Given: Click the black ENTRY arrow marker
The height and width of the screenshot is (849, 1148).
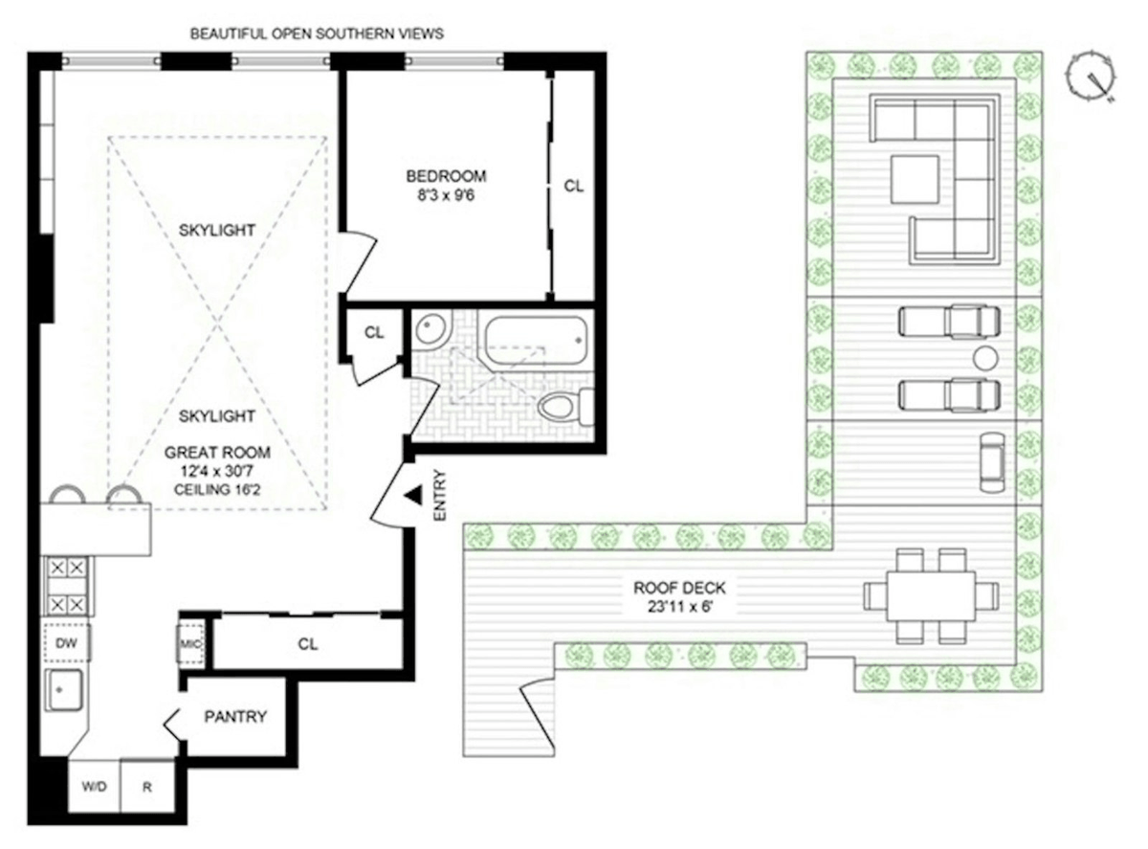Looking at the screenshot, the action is click(x=413, y=495).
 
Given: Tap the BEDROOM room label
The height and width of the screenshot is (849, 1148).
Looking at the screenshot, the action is click(x=446, y=176).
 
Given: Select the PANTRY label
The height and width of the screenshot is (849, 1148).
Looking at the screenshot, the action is click(x=235, y=717).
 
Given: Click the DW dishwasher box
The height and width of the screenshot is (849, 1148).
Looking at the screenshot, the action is click(x=66, y=643).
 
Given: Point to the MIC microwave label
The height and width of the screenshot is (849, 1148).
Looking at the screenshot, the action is click(x=190, y=644).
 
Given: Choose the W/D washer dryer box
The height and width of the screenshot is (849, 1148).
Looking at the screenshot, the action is click(x=94, y=787).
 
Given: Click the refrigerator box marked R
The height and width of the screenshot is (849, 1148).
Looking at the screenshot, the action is click(x=147, y=787).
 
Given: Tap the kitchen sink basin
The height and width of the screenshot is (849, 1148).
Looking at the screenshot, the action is click(x=64, y=690).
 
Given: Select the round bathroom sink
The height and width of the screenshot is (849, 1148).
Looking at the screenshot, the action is click(x=431, y=328).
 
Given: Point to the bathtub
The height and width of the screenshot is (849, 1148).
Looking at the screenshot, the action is click(x=536, y=340).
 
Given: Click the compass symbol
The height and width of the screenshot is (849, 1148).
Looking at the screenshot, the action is click(x=1091, y=80).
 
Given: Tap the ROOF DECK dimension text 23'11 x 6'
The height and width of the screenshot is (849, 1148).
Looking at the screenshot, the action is click(x=680, y=607).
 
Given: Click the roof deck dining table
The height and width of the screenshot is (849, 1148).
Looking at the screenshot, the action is click(x=931, y=596).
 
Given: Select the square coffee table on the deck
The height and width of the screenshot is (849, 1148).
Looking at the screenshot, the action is click(x=915, y=179).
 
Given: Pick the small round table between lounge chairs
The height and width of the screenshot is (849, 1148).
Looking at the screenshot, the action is click(x=985, y=358).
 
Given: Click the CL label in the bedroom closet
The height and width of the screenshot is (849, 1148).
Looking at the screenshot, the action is click(x=573, y=186).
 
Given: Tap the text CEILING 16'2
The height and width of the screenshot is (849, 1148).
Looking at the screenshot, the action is click(x=217, y=489).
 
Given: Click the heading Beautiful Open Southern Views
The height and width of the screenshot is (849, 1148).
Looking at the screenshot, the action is click(x=317, y=34).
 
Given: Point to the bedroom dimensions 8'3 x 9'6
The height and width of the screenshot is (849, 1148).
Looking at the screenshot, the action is click(x=446, y=196).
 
